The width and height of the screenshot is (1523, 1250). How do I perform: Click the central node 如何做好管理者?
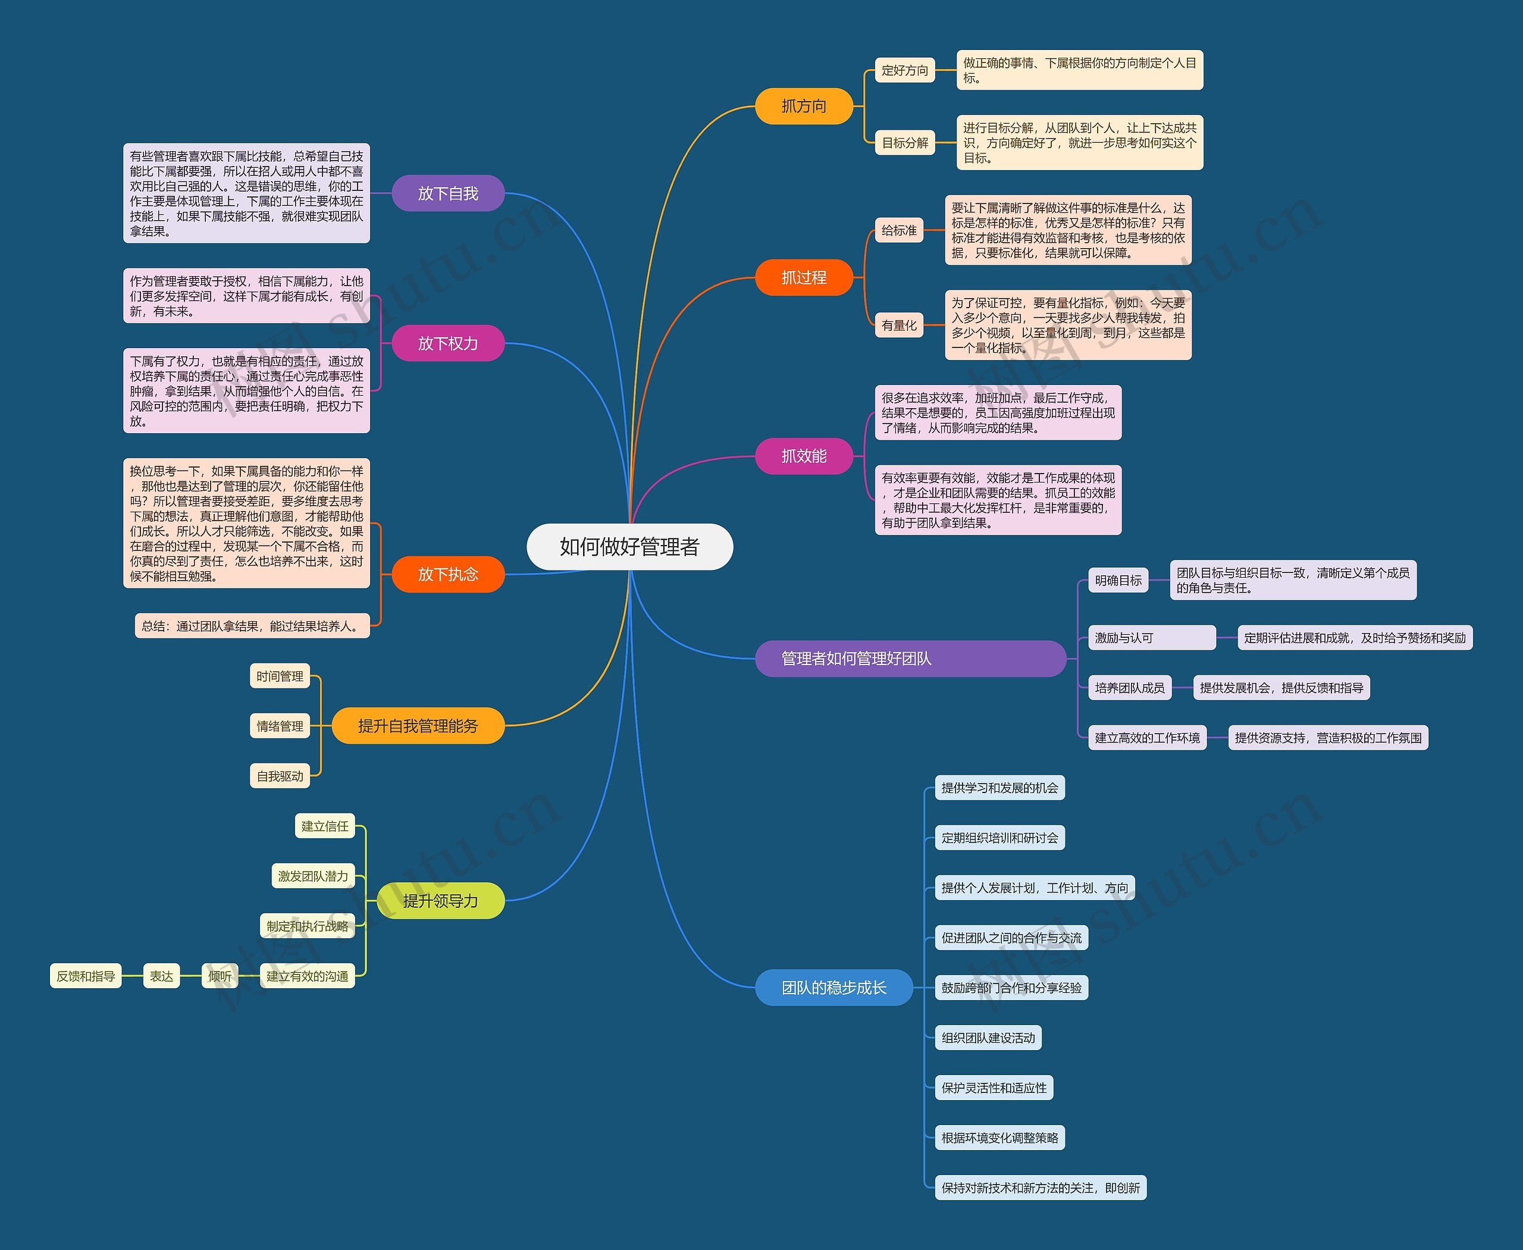(x=629, y=547)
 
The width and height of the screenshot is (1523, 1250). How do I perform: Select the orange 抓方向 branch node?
(x=804, y=106)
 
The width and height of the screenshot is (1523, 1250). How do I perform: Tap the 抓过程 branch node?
(x=804, y=277)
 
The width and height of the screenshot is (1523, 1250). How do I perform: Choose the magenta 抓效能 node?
(x=804, y=456)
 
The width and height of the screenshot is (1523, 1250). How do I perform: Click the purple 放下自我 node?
(x=448, y=193)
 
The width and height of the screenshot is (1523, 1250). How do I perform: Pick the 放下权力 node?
(x=448, y=343)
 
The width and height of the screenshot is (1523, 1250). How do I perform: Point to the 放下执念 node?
(x=448, y=574)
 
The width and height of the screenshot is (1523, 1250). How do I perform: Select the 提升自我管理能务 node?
(x=418, y=726)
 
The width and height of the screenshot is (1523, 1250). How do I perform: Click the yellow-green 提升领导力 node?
(x=441, y=901)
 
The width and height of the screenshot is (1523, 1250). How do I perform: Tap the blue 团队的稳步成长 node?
(x=834, y=987)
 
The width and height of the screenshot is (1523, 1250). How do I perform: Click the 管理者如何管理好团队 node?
(x=910, y=658)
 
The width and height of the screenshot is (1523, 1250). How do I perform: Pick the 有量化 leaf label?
(x=900, y=325)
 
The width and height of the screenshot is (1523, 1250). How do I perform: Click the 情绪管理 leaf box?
(x=280, y=726)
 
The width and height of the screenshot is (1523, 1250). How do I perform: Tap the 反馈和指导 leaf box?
(x=86, y=976)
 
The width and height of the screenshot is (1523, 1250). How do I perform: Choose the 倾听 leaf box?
(x=220, y=976)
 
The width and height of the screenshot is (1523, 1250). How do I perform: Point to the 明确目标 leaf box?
(x=1118, y=580)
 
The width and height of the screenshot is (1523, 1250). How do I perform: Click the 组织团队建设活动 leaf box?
(x=988, y=1038)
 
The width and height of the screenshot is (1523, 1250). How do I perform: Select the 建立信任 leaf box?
(x=325, y=826)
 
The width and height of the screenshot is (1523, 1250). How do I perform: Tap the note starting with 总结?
(x=252, y=626)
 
